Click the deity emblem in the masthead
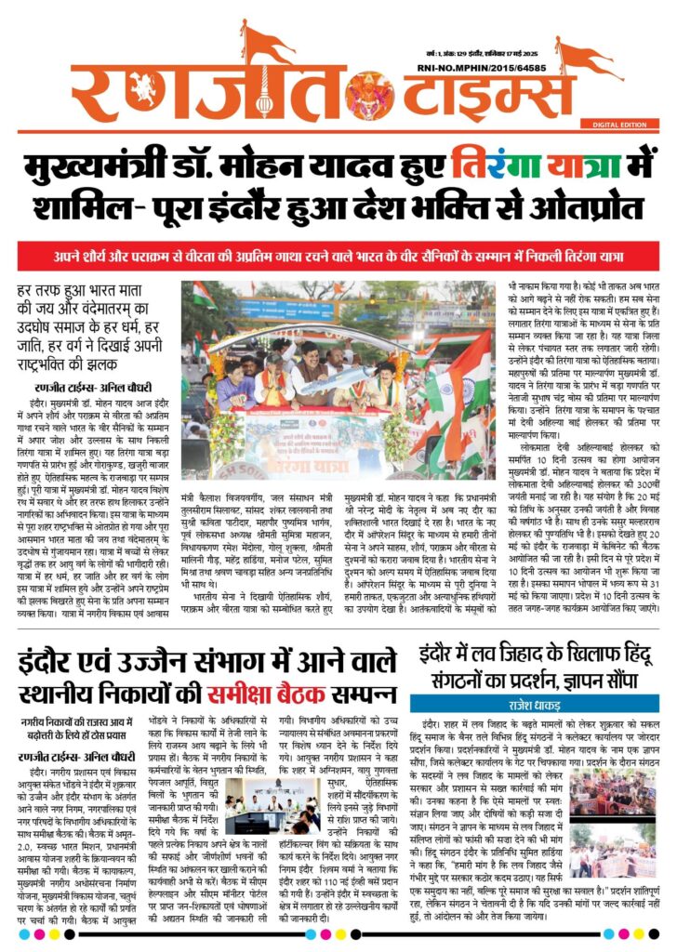(370, 93)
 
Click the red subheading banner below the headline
(338, 253)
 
